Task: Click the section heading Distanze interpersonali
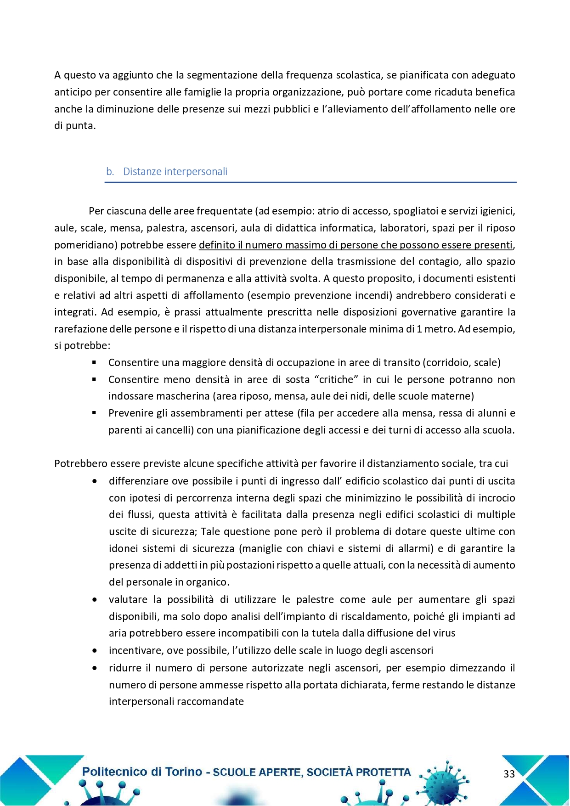(x=175, y=172)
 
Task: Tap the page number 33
(x=509, y=774)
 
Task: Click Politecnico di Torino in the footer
(x=142, y=772)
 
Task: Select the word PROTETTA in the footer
(x=383, y=772)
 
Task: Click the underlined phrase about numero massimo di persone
(x=356, y=245)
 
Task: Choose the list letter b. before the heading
(x=110, y=172)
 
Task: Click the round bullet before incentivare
(x=95, y=651)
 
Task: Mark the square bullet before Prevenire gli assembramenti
(x=94, y=413)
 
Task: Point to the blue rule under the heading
(x=310, y=183)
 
